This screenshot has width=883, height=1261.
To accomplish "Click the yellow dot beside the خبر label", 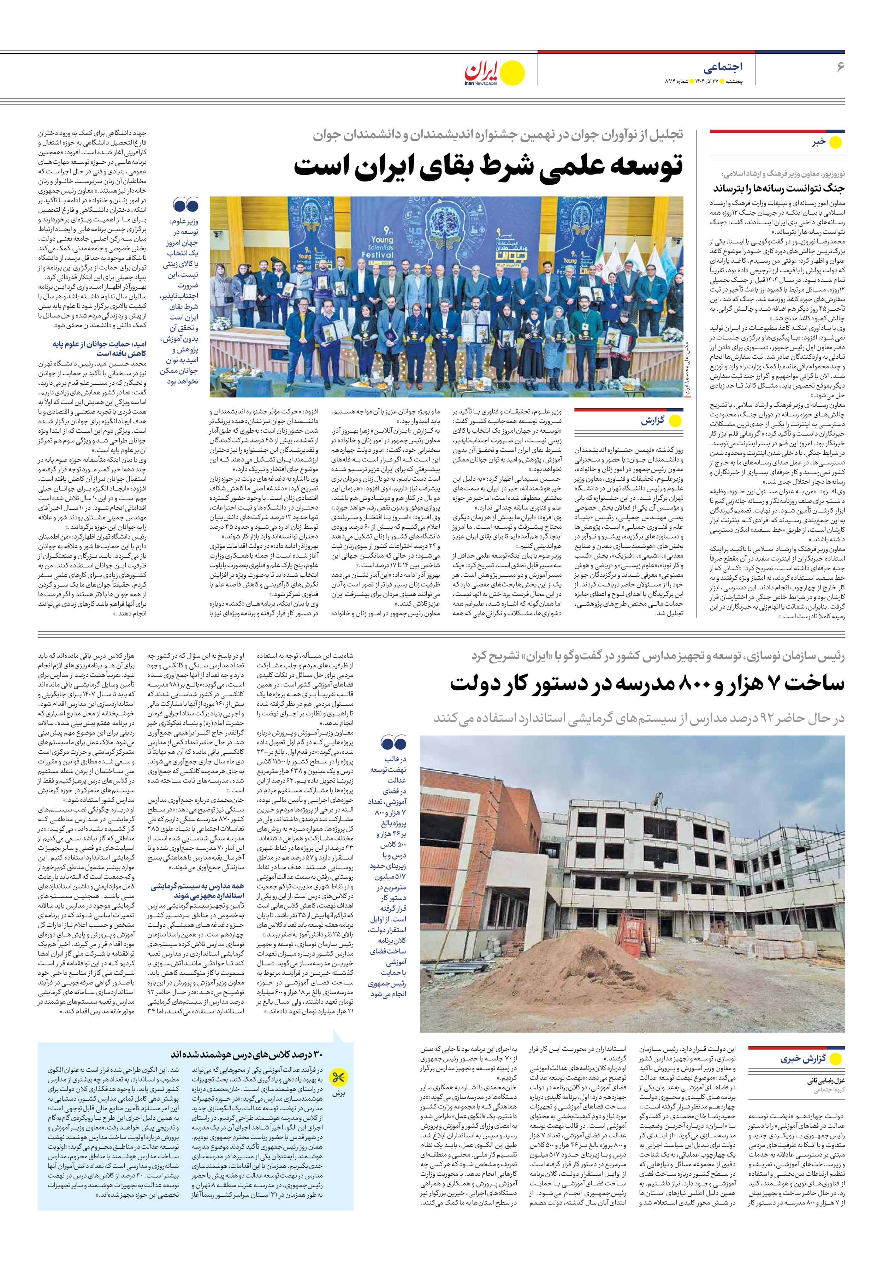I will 835,143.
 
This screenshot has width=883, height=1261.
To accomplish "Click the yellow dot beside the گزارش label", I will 675,421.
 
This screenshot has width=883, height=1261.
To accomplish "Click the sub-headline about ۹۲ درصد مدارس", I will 639,718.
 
